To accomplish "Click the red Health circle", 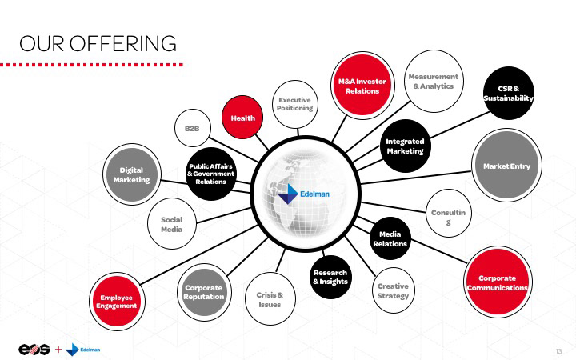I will (x=242, y=118).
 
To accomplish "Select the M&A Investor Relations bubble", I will (x=362, y=86).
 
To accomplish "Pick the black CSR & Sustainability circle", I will (x=508, y=93).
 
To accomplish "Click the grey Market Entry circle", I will (x=507, y=166).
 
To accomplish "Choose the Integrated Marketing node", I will (x=405, y=146).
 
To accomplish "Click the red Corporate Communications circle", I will (x=498, y=282).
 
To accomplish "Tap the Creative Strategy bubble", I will (x=392, y=291).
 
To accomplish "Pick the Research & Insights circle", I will (x=330, y=278).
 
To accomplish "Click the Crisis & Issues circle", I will (x=270, y=299).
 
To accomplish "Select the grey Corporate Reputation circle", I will (x=203, y=292).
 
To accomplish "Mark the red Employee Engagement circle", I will (x=117, y=302).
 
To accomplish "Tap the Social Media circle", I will (x=172, y=224).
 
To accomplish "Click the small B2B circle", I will (x=192, y=129).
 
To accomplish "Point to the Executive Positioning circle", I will (x=295, y=104).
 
